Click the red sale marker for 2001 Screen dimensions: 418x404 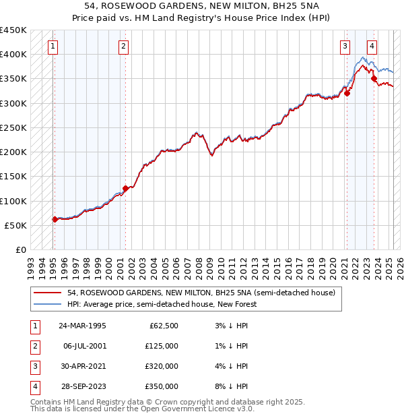click(125, 189)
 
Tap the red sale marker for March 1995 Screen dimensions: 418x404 click(55, 219)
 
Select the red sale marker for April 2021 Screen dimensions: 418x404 click(347, 94)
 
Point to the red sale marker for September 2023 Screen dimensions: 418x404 click(374, 79)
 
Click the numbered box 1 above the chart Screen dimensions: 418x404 click(53, 47)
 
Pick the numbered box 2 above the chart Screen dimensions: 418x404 click(124, 47)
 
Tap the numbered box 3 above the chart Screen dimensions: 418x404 click(345, 47)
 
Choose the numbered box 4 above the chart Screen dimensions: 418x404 click(372, 47)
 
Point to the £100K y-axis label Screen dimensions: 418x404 click(13, 201)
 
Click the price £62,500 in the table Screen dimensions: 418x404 click(163, 326)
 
